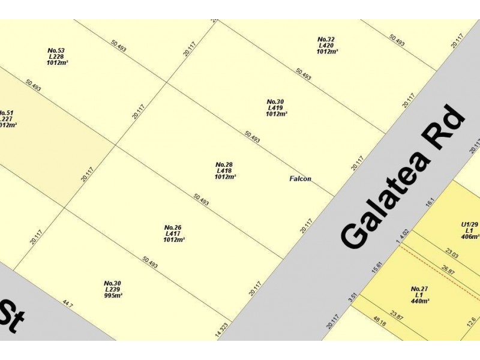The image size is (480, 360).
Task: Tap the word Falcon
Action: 300,179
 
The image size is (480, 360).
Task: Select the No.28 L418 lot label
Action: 224,170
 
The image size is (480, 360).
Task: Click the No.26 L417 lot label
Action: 173,233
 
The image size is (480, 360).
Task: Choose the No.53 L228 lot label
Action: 56,56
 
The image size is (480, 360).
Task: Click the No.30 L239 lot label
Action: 113,289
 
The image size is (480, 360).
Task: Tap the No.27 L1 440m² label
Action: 419,295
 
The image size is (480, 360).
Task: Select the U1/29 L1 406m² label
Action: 470,230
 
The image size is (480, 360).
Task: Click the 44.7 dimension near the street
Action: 67,305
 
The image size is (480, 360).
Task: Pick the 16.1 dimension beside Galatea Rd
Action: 429,203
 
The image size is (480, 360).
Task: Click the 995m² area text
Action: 113,296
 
